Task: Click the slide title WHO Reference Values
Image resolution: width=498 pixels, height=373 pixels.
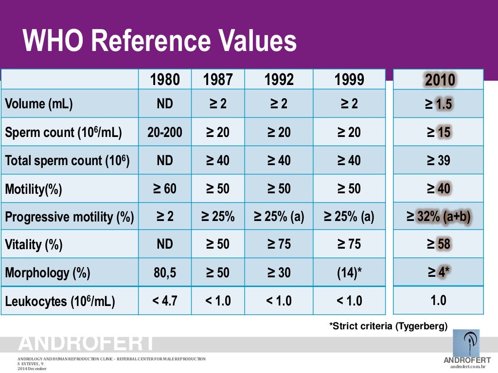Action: pyautogui.click(x=160, y=41)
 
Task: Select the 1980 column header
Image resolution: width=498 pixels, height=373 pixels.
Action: pyautogui.click(x=165, y=80)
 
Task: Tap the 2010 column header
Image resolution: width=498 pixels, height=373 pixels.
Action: pyautogui.click(x=439, y=80)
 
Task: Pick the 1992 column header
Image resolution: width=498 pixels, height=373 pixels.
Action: pyautogui.click(x=279, y=80)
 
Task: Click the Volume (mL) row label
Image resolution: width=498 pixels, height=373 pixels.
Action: pyautogui.click(x=39, y=104)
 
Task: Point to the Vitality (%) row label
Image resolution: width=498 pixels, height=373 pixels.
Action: pyautogui.click(x=34, y=244)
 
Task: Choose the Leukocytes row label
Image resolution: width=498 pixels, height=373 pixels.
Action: pyautogui.click(x=60, y=301)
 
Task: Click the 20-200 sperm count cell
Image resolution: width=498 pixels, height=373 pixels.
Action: pyautogui.click(x=165, y=132)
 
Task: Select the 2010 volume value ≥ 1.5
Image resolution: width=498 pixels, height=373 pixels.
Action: pyautogui.click(x=439, y=104)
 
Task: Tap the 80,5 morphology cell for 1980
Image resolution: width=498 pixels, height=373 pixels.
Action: pyautogui.click(x=165, y=272)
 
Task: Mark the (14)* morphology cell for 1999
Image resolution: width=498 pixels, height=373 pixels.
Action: pyautogui.click(x=349, y=272)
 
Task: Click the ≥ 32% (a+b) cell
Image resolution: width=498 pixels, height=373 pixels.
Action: pyautogui.click(x=439, y=217)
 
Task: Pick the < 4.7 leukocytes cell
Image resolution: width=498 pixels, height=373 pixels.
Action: pyautogui.click(x=165, y=301)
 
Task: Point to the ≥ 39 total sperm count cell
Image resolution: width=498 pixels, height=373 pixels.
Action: pyautogui.click(x=439, y=160)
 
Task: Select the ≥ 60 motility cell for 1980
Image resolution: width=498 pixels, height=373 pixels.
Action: pyautogui.click(x=165, y=188)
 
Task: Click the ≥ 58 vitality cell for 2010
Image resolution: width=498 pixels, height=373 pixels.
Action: pyautogui.click(x=439, y=244)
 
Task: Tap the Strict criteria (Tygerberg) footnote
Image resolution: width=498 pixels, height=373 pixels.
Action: pyautogui.click(x=388, y=326)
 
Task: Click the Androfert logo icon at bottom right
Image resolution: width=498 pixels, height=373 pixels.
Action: pyautogui.click(x=466, y=343)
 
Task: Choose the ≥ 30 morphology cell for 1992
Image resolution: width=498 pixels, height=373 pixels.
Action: pyautogui.click(x=279, y=272)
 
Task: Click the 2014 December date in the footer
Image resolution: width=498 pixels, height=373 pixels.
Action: pyautogui.click(x=32, y=369)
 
